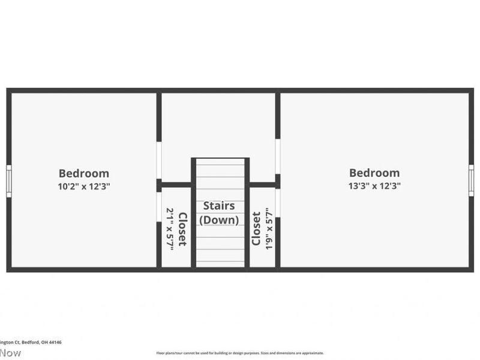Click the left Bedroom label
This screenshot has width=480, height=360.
click(x=83, y=173)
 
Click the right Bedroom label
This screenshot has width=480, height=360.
click(x=374, y=173)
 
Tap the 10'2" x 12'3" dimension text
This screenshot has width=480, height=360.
click(x=83, y=186)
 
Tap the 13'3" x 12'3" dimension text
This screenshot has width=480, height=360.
click(x=374, y=185)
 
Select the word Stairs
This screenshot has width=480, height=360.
click(x=219, y=206)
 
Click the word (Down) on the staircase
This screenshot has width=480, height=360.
click(x=219, y=220)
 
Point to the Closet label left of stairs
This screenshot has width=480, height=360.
click(x=182, y=229)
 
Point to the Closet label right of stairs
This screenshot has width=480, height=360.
click(x=256, y=229)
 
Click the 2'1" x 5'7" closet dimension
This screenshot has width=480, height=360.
click(x=170, y=229)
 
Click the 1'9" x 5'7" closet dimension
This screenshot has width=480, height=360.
click(x=269, y=229)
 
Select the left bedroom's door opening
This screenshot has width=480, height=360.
click(x=159, y=160)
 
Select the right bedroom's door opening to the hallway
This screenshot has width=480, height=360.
click(x=278, y=157)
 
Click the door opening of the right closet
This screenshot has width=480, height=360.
click(x=278, y=203)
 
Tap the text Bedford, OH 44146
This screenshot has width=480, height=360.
click(x=42, y=342)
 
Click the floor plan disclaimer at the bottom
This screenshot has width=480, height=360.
click(x=240, y=353)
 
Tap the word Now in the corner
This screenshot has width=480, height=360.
click(x=10, y=353)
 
